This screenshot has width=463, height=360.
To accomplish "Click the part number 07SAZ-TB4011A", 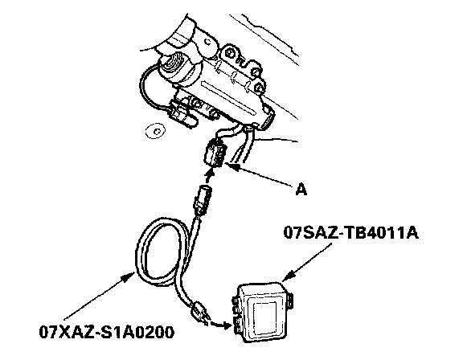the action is pos(351,232).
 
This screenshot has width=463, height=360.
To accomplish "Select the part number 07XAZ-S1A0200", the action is pos(107,332).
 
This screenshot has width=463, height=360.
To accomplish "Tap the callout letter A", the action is pos(301,189).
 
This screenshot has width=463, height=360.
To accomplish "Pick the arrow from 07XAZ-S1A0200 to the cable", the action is pos(99,296).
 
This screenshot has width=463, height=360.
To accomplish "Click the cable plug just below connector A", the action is pos(203,198).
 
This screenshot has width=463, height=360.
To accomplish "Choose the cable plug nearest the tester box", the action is pos(200,313).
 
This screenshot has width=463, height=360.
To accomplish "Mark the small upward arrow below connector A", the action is pos(209,176).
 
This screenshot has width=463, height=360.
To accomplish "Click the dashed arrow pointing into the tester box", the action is pos(220,325).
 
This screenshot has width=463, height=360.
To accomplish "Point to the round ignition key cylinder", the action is pos(174,66).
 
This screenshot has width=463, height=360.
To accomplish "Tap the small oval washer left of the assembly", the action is pos(155,130).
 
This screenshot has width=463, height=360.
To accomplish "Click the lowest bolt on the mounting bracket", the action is pos(260,88).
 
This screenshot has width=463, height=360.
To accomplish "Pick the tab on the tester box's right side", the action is pos(290,301).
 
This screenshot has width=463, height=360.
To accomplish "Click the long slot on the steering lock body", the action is pos(228,99).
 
